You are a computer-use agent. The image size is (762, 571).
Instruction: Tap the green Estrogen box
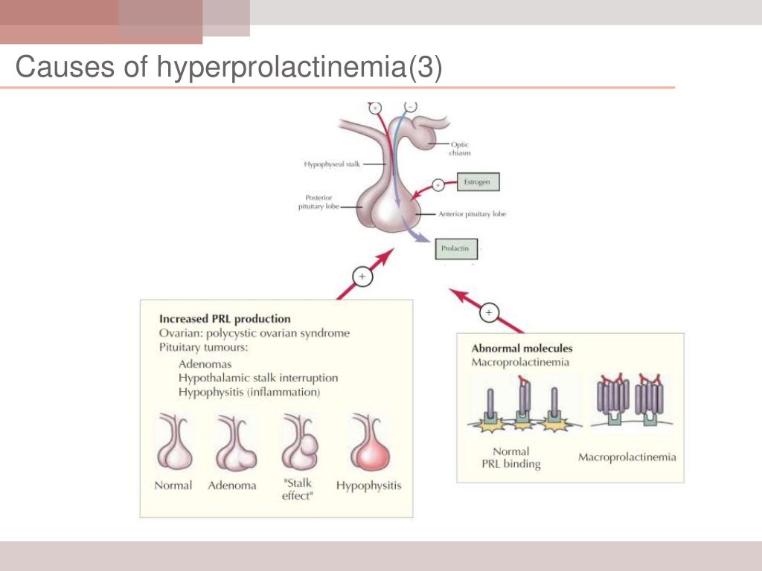point(476,181)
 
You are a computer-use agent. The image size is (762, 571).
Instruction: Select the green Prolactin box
point(455,249)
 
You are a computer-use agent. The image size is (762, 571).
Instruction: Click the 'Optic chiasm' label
point(460,149)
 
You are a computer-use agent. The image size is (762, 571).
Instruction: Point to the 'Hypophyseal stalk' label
point(332,164)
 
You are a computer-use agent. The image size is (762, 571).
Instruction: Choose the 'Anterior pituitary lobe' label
point(473,213)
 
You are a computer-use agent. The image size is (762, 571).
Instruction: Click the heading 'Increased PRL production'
point(225,319)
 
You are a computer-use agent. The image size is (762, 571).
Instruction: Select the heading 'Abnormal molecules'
point(522,348)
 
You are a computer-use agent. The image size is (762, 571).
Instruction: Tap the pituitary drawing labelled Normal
point(173,443)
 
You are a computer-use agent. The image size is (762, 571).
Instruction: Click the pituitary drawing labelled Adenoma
point(235,444)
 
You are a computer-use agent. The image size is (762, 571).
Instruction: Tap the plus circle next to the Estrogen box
point(438,184)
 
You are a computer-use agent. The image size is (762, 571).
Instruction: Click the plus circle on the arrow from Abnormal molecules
point(489,312)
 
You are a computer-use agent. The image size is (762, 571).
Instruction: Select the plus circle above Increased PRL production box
point(362,277)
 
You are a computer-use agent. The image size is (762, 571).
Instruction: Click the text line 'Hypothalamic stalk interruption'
point(258,378)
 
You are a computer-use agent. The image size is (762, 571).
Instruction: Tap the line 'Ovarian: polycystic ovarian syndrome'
point(254,333)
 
